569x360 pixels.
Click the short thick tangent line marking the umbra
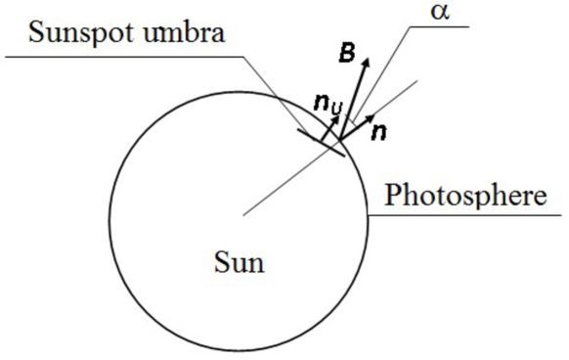pyautogui.click(x=323, y=142)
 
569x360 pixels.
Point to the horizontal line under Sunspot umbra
pyautogui.click(x=127, y=57)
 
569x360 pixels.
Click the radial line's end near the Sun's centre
pyautogui.click(x=244, y=212)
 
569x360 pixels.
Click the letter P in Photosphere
pyautogui.click(x=393, y=195)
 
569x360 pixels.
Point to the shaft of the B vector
pyautogui.click(x=355, y=98)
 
